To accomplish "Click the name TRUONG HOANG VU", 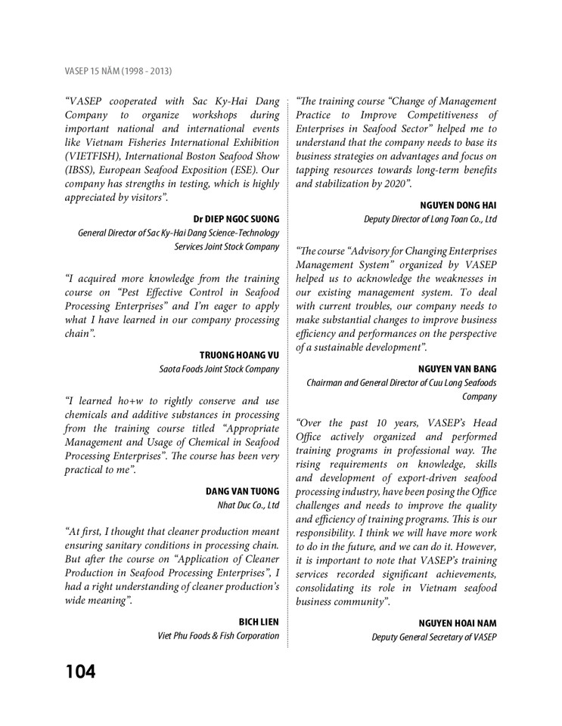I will pos(240,355).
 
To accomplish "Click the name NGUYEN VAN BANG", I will pos(457,369).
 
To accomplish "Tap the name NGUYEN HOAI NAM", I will pos(458,623).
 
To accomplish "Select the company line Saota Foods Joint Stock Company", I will pos(219,369).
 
